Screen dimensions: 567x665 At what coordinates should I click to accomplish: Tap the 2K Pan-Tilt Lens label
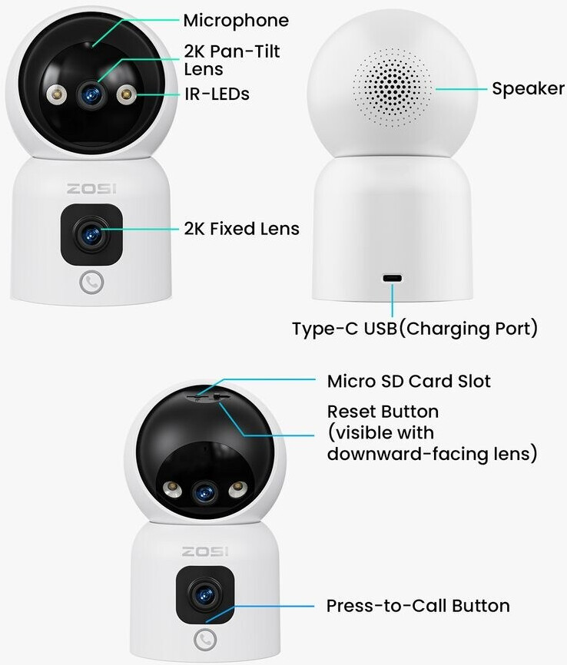pos(231,60)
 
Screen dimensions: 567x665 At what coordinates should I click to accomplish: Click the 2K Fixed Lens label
pos(241,229)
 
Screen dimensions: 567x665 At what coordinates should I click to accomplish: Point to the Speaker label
pos(528,89)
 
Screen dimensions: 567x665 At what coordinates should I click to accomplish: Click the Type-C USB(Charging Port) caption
pos(414,329)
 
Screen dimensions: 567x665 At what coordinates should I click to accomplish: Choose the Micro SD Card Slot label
pos(409,381)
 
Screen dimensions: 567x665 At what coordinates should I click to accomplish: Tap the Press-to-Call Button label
pos(418,606)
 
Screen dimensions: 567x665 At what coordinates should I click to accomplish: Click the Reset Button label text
pos(383,412)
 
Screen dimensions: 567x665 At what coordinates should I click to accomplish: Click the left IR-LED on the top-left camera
pos(55,95)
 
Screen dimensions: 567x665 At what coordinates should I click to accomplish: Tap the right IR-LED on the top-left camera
pos(126,95)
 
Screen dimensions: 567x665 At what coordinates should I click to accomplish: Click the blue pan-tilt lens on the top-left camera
pos(91,94)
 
